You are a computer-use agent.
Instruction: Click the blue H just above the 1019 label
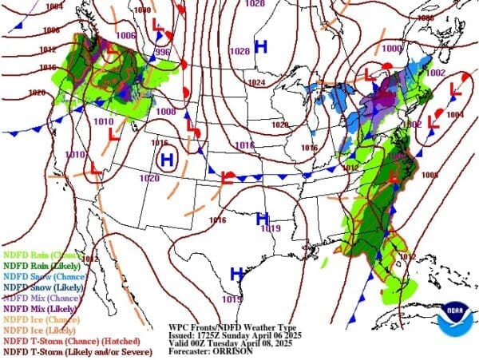pyautogui.click(x=261, y=218)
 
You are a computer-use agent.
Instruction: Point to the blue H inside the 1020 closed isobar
pyautogui.click(x=167, y=160)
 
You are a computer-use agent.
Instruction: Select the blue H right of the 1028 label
pyautogui.click(x=260, y=47)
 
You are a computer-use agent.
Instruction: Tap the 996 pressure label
pyautogui.click(x=163, y=52)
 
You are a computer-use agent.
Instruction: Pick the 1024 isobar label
pyautogui.click(x=255, y=83)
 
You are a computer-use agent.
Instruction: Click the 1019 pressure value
pyautogui.click(x=271, y=229)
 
